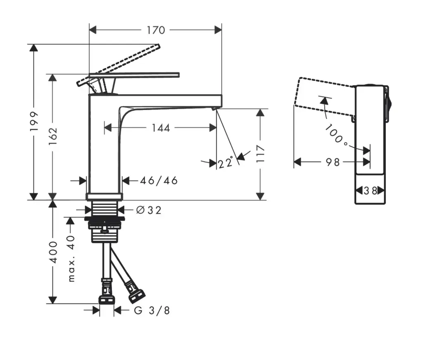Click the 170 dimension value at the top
[156, 30]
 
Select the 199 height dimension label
[35, 121]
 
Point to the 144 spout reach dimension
[161, 128]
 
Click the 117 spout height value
[260, 154]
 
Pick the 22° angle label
[226, 163]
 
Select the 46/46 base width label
[159, 181]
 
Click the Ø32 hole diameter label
[149, 210]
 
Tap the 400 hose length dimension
[52, 252]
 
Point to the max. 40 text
[71, 258]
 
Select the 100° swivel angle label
[336, 134]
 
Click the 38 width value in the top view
[371, 191]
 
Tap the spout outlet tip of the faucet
[213, 108]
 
